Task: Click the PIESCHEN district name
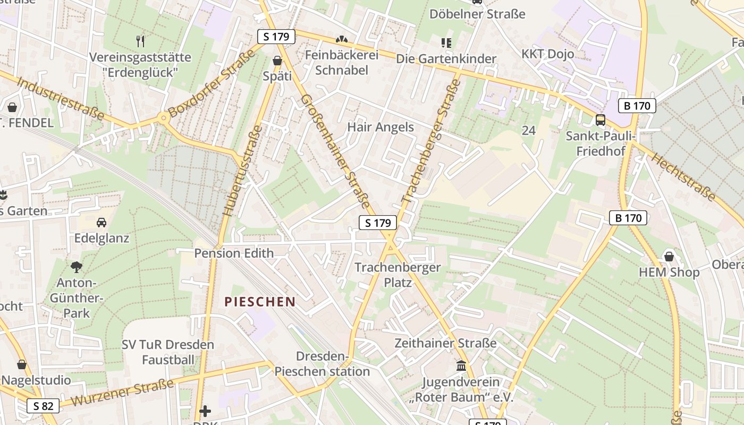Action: (x=260, y=302)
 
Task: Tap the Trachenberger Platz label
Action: (x=398, y=274)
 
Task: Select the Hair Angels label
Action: (x=380, y=127)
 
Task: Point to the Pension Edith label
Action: (x=234, y=253)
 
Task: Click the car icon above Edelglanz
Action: (x=102, y=222)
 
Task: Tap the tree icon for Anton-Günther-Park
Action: (x=77, y=267)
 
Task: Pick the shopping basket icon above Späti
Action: (x=277, y=61)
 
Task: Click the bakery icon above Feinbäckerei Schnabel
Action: (x=341, y=40)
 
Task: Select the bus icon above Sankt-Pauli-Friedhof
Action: (x=600, y=120)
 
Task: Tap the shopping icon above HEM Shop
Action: (x=669, y=257)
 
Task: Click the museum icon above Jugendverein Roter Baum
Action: (x=461, y=365)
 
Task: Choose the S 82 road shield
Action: (x=43, y=406)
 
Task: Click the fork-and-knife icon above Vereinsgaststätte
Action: (x=140, y=41)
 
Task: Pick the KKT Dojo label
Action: (x=547, y=54)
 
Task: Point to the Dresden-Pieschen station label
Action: (x=322, y=364)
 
